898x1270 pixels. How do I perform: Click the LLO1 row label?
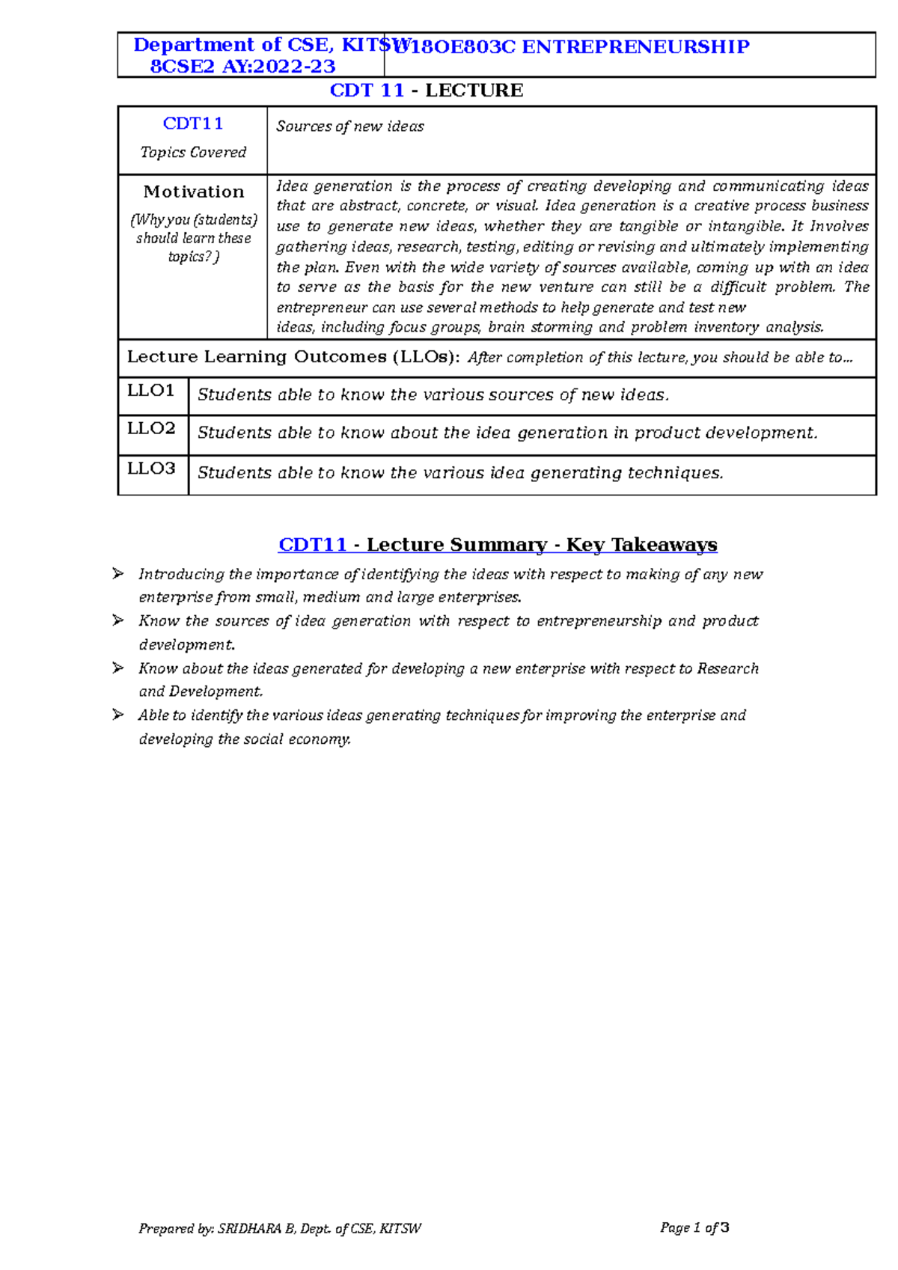pyautogui.click(x=150, y=391)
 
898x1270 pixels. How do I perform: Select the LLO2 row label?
pyautogui.click(x=151, y=429)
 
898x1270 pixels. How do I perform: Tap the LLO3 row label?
pyautogui.click(x=151, y=468)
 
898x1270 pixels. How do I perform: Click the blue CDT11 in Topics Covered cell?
pyautogui.click(x=193, y=124)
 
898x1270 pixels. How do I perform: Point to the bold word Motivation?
pyautogui.click(x=194, y=192)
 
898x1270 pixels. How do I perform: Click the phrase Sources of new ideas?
pyautogui.click(x=349, y=126)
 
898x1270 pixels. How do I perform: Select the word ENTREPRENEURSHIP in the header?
pyautogui.click(x=635, y=47)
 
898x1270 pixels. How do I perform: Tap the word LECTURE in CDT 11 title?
pyautogui.click(x=474, y=91)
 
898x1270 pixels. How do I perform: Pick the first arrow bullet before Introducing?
pyautogui.click(x=118, y=574)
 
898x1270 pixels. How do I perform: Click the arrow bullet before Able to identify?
pyautogui.click(x=118, y=715)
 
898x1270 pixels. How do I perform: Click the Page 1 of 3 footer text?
pyautogui.click(x=694, y=1227)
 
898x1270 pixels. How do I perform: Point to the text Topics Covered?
pyautogui.click(x=193, y=153)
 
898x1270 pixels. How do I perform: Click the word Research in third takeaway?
pyautogui.click(x=727, y=668)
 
